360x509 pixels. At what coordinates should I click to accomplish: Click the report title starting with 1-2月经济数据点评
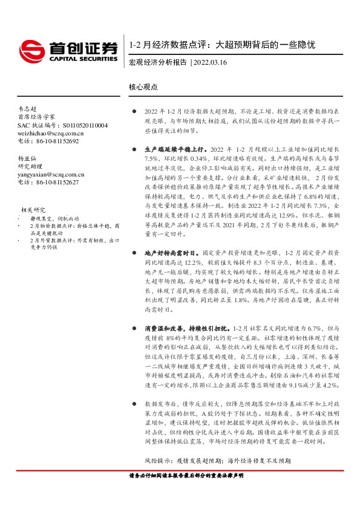(222, 45)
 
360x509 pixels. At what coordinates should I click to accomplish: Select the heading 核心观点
(143, 87)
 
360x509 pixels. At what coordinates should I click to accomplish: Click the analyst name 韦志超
(28, 108)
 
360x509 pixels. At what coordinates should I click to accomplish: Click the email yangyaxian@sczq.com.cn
(51, 174)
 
